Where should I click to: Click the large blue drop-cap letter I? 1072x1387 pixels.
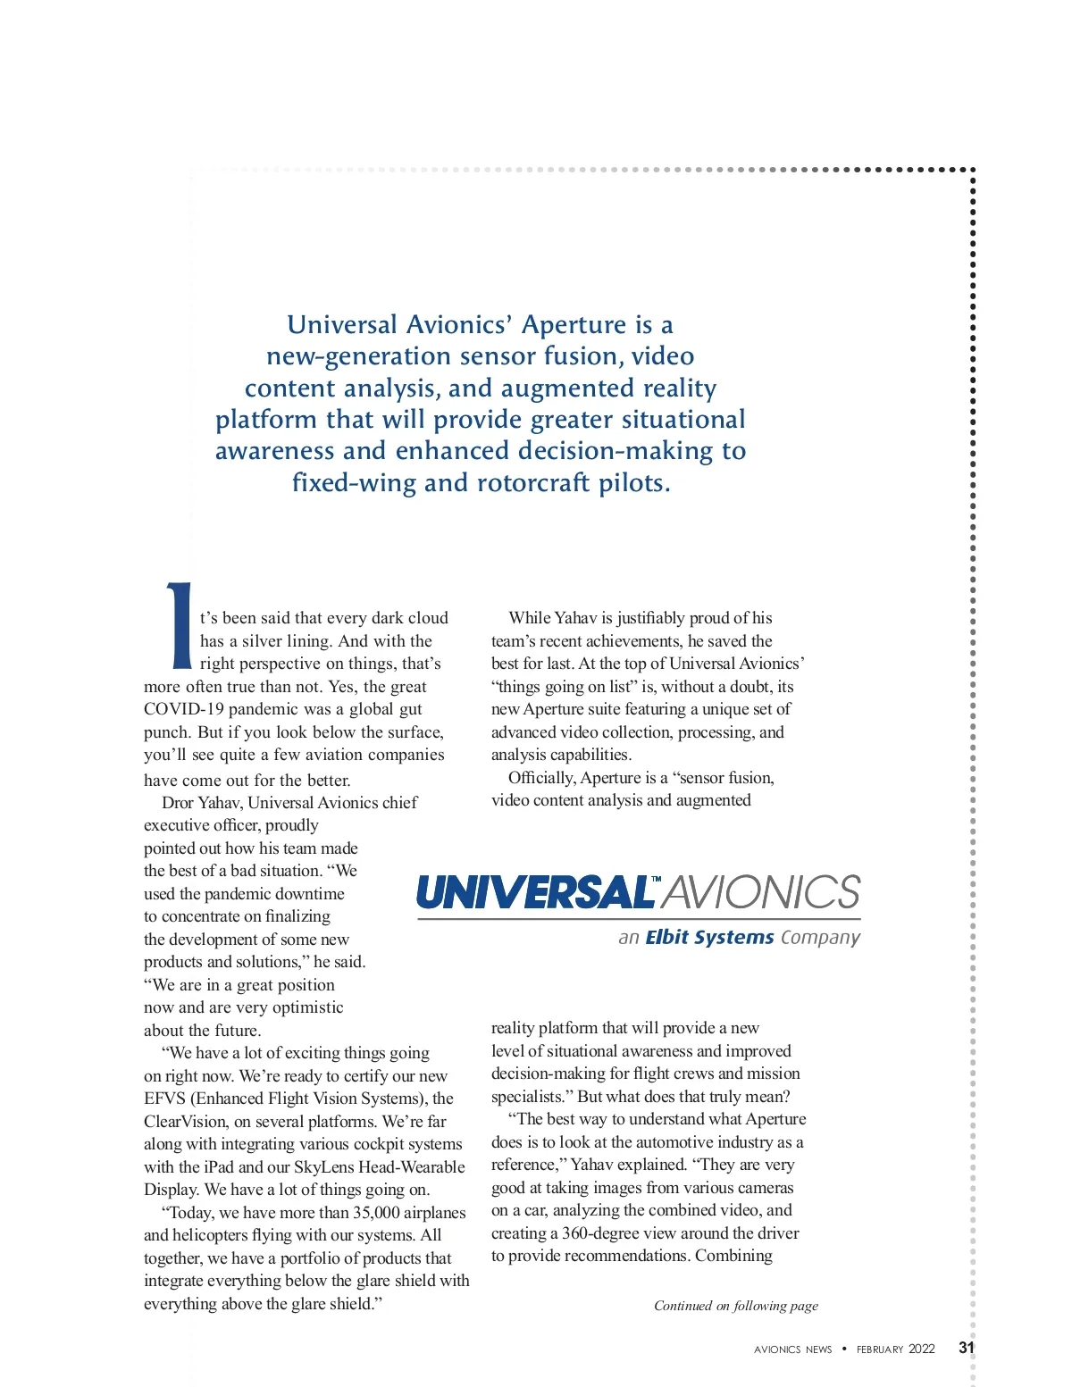[180, 626]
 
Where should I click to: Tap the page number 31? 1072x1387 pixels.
[966, 1348]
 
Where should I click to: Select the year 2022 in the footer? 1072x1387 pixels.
[922, 1349]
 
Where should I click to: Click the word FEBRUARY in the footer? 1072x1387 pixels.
[880, 1349]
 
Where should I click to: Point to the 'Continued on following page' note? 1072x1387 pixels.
[735, 1306]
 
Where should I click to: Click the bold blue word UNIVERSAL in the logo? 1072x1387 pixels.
[534, 892]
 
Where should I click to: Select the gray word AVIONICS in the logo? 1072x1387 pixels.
[762, 892]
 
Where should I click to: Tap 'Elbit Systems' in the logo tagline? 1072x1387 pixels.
[709, 937]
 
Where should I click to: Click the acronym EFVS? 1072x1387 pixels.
[164, 1099]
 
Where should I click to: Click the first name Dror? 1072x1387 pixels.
[177, 803]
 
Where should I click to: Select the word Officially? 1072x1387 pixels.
[540, 778]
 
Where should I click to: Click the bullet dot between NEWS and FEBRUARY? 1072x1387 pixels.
[844, 1349]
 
